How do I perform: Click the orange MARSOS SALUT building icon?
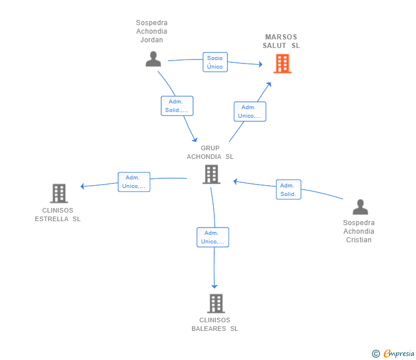tap(282, 63)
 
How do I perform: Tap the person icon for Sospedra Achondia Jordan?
tap(153, 59)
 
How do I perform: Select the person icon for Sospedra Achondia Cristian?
tap(360, 207)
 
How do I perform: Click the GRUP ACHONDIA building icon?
tap(211, 174)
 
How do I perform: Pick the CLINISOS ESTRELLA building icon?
tap(59, 193)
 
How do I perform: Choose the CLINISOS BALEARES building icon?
tap(216, 303)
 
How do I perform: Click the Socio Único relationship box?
tap(215, 62)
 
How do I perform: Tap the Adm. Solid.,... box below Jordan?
tap(177, 106)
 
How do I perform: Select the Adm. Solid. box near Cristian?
tap(289, 189)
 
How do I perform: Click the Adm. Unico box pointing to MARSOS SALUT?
tap(250, 111)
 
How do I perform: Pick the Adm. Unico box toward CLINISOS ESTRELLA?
tap(134, 182)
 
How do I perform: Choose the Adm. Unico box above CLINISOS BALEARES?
tap(213, 237)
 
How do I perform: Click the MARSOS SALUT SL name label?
tap(281, 41)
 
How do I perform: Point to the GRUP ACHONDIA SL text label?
tap(210, 152)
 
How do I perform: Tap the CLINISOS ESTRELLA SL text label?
tap(58, 215)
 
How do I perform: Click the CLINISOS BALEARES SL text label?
tap(215, 324)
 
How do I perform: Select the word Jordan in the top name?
tap(151, 40)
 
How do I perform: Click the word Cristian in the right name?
tap(359, 240)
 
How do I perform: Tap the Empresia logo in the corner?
tap(393, 354)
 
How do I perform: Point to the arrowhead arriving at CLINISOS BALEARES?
tap(214, 286)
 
